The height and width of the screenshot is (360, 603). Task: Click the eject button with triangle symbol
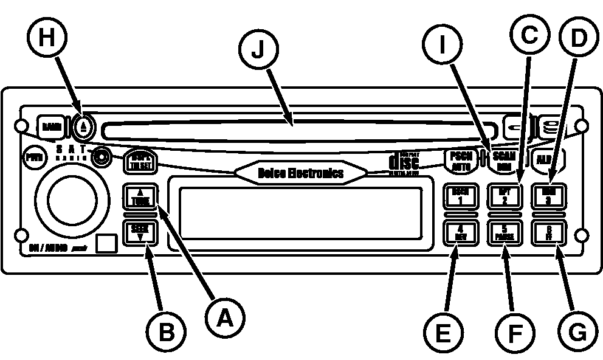point(84,127)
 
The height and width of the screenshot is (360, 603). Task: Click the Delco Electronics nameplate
point(301,173)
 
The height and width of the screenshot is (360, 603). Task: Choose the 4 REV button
point(459,233)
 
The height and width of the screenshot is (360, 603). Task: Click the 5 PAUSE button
point(504,233)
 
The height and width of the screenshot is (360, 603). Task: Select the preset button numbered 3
point(548,196)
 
